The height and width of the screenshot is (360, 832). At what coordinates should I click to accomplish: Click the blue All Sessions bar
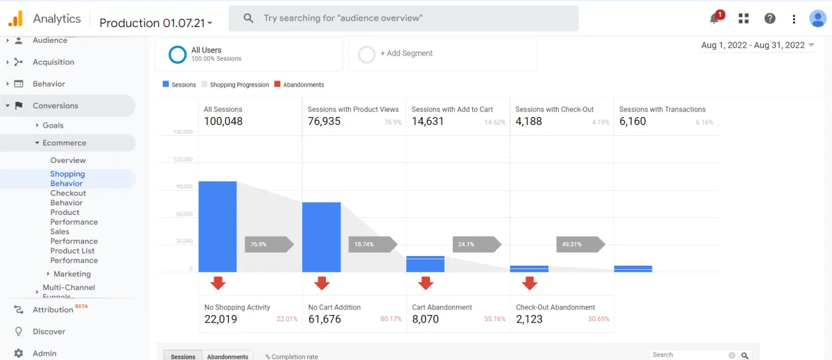(x=217, y=227)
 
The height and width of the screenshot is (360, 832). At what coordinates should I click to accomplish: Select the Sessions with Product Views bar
(x=321, y=237)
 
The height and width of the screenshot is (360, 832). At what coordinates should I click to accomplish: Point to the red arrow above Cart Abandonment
(x=426, y=283)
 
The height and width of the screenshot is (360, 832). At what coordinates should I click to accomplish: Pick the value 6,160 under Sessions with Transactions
(x=632, y=121)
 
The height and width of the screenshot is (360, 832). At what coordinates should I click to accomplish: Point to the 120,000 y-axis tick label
(x=182, y=159)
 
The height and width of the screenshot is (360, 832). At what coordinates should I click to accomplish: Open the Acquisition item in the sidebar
(x=53, y=62)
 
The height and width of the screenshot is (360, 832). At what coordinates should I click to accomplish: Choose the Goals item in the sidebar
(x=53, y=126)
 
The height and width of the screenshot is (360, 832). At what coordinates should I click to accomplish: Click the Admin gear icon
(x=19, y=353)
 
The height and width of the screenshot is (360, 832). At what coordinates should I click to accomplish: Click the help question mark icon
(x=770, y=19)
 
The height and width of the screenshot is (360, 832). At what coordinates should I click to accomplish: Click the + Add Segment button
(x=406, y=53)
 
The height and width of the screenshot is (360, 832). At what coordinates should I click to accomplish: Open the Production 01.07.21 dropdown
(x=156, y=23)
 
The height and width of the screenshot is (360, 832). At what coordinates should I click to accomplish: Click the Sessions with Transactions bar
(x=633, y=268)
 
